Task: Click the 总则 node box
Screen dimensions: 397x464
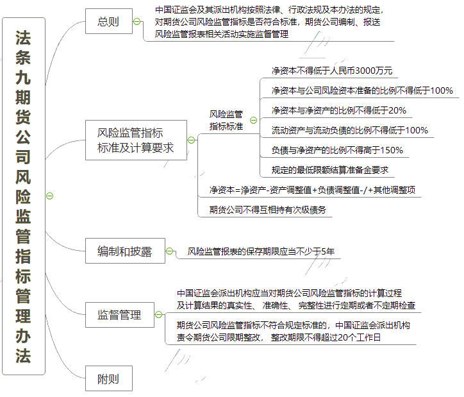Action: pos(108,22)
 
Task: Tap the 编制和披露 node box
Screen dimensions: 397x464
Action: pos(124,251)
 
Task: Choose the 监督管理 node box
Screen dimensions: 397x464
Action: pos(119,315)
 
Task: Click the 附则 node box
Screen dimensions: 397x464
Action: pos(108,378)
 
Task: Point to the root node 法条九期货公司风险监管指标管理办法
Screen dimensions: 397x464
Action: pos(23,196)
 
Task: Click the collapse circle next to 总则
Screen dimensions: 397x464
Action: pos(137,22)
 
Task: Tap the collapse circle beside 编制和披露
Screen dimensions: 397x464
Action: pos(170,251)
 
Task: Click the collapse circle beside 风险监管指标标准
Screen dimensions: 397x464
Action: pos(253,120)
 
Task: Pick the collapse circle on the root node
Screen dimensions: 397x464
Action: pos(50,196)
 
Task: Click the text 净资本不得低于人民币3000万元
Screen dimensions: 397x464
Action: pos(332,71)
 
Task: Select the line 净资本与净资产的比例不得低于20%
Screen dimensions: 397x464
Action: pos(338,110)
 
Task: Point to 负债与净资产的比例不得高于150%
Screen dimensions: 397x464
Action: pos(337,150)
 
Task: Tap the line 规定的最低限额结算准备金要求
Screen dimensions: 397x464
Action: pos(329,170)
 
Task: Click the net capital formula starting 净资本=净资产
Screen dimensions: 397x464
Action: pos(312,190)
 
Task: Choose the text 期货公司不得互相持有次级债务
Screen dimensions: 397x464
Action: pos(267,209)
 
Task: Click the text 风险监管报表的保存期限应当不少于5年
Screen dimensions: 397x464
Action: pos(261,251)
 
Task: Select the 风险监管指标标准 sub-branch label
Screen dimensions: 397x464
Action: pos(226,120)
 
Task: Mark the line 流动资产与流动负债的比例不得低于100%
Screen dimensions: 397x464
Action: pos(349,130)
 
